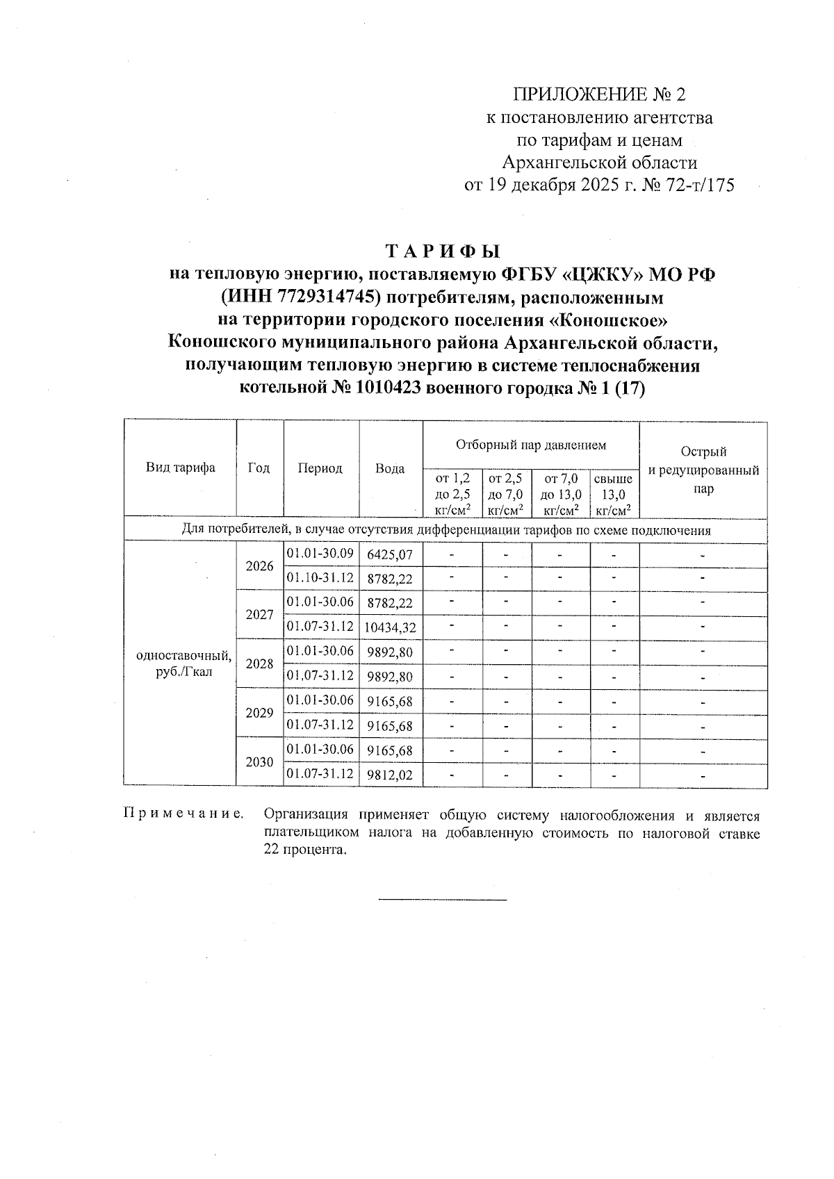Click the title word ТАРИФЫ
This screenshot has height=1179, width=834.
click(x=442, y=251)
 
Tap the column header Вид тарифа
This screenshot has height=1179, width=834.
click(x=180, y=468)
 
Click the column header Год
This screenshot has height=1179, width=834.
click(x=259, y=468)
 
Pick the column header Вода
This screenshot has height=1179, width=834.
click(x=390, y=469)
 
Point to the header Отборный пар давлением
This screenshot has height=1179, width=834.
click(x=530, y=445)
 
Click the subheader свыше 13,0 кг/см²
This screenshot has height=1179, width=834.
click(x=614, y=495)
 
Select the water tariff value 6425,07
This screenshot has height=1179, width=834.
click(x=390, y=555)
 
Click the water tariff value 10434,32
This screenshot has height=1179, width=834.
click(x=390, y=628)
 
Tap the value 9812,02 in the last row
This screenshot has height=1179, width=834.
click(x=390, y=775)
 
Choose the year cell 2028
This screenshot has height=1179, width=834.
click(x=259, y=663)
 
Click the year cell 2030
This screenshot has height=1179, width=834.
click(x=259, y=762)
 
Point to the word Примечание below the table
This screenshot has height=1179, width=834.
click(x=183, y=814)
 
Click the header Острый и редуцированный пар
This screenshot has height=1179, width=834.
click(x=703, y=470)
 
